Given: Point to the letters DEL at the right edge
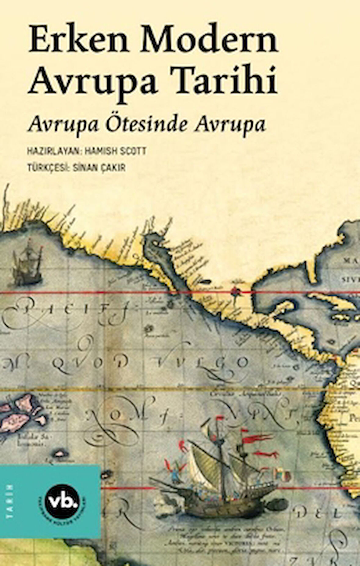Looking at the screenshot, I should click(x=320, y=514).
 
